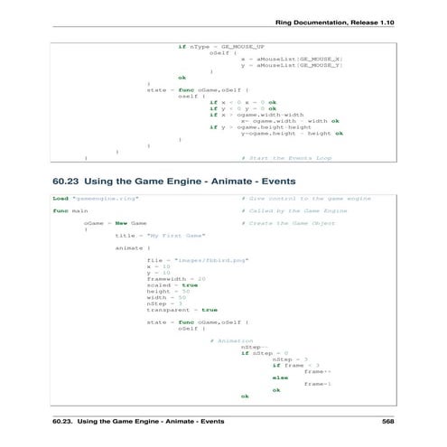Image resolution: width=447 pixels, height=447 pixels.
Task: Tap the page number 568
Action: pos(387,422)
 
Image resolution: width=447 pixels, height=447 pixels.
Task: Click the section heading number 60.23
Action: pos(71,181)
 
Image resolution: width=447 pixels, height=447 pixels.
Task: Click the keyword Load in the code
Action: pos(61,198)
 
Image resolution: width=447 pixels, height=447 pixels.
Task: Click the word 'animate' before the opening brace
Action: pos(128,247)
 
